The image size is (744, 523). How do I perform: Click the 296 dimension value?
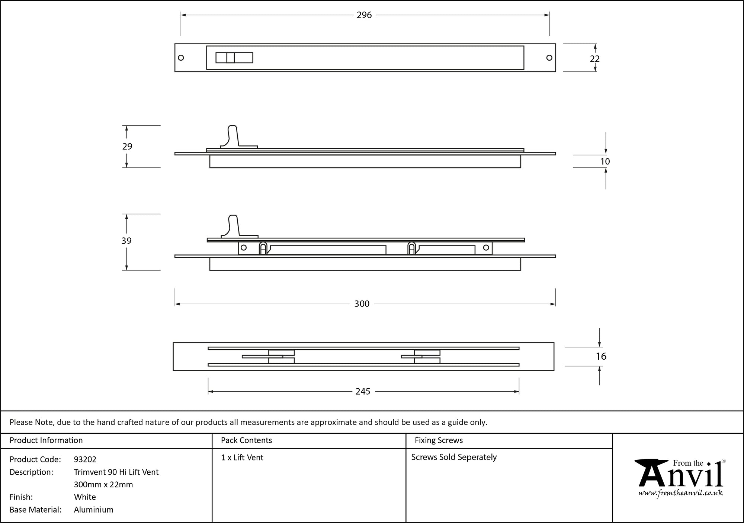tap(364, 15)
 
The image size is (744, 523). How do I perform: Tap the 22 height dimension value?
tap(594, 59)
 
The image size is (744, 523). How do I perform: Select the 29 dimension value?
tap(127, 147)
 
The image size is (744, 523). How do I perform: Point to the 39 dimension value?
tap(126, 241)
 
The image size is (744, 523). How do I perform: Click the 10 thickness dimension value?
tap(605, 161)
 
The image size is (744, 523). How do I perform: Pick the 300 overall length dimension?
tap(362, 304)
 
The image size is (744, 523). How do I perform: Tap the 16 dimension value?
tap(601, 356)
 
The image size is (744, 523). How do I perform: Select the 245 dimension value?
tap(363, 391)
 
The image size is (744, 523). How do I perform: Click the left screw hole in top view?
tap(181, 58)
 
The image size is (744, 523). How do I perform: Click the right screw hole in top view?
tap(549, 58)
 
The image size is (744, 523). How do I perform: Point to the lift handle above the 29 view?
tap(232, 136)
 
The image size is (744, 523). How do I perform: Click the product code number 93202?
tap(85, 459)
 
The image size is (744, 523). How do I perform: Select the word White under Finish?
tap(85, 497)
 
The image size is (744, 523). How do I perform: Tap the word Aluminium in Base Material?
tap(94, 510)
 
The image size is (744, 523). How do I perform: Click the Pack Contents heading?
tap(246, 440)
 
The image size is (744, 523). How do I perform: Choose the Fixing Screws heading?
tap(439, 440)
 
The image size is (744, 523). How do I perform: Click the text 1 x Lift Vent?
tap(242, 458)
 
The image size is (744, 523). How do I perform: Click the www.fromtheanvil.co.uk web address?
tap(680, 493)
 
